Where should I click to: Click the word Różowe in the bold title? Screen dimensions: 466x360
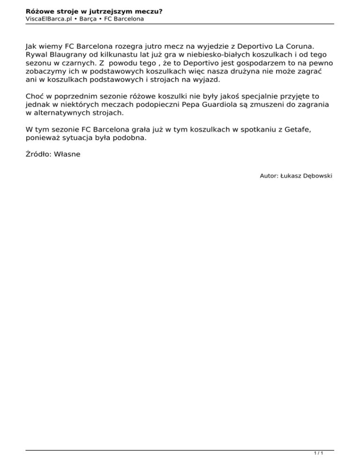point(40,11)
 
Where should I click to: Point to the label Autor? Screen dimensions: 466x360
point(269,176)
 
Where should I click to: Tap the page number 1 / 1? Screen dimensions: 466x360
point(319,454)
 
